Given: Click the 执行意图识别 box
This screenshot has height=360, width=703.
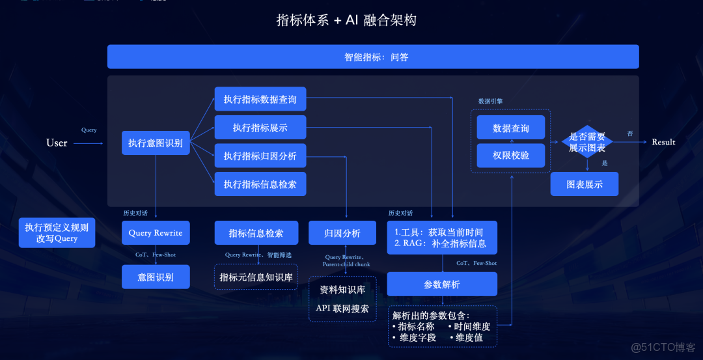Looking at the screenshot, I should (156, 143).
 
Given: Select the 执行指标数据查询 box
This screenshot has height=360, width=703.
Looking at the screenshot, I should (260, 99).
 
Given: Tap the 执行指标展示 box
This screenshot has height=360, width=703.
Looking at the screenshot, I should (260, 128).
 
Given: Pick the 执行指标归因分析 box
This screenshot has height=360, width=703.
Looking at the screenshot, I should (260, 156).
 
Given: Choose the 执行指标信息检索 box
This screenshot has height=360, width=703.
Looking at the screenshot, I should (260, 184).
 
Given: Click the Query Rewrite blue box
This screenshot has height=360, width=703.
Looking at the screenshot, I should (156, 232).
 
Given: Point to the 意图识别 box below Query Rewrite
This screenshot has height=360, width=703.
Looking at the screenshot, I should (156, 277).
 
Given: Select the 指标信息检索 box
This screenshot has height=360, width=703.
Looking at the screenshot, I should (256, 233).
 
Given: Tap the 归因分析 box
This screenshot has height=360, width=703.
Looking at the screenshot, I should (342, 233).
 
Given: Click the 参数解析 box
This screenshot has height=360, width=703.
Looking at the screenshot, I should (442, 284).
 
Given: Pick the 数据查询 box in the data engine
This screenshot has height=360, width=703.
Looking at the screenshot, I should (511, 128).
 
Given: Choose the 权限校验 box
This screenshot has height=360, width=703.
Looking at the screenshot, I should (511, 156).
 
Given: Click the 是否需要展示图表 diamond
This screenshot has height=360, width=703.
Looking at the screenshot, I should (587, 142).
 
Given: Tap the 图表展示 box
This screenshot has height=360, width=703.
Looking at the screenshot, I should (584, 184).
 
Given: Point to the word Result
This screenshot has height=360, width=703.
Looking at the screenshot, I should (663, 142).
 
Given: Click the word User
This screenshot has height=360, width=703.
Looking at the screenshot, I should (57, 143).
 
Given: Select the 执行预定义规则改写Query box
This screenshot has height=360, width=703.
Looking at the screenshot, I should (57, 232).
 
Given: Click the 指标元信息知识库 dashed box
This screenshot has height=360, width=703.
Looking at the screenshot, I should (256, 277).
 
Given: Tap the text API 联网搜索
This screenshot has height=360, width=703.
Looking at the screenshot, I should (342, 308).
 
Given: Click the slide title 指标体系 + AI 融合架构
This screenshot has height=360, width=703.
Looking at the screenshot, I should (346, 20).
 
